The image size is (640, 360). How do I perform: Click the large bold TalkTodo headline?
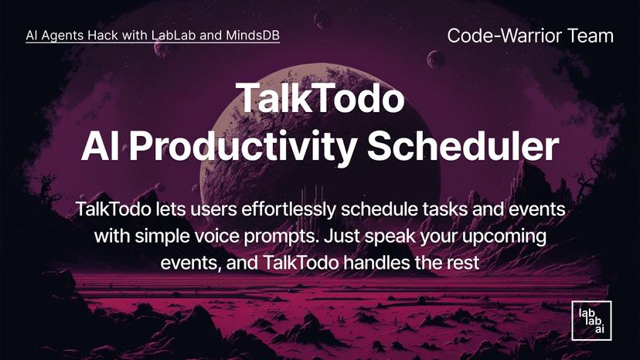(x=320, y=98)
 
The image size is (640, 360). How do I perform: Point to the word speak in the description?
(x=403, y=236)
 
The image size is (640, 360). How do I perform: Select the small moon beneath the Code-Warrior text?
(x=436, y=59)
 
